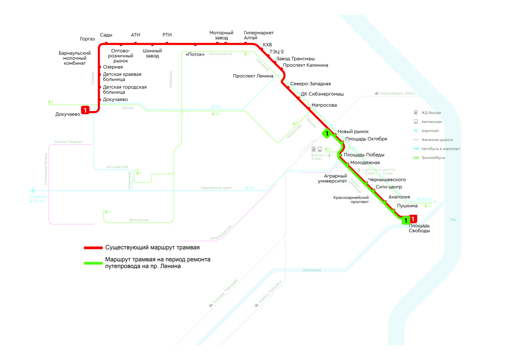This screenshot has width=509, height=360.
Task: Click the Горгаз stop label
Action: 87,39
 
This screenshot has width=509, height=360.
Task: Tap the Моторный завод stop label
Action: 221,35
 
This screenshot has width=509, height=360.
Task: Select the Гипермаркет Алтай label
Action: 258,35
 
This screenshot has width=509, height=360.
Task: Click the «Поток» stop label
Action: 195,55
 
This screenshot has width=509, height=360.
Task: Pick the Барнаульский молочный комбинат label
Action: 75,58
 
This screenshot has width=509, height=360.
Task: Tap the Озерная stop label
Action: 113,67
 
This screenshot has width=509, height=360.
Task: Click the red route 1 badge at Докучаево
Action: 85,110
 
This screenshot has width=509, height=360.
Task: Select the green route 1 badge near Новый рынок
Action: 327,133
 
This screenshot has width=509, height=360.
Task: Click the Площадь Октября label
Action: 366,139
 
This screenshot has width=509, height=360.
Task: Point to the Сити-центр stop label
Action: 388,187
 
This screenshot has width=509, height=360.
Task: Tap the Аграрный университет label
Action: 335,178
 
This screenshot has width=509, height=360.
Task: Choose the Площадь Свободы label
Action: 419,228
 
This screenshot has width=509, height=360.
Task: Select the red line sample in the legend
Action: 93,248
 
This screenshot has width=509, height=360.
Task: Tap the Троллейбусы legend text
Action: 433,157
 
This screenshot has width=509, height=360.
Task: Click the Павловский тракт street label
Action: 216,188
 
